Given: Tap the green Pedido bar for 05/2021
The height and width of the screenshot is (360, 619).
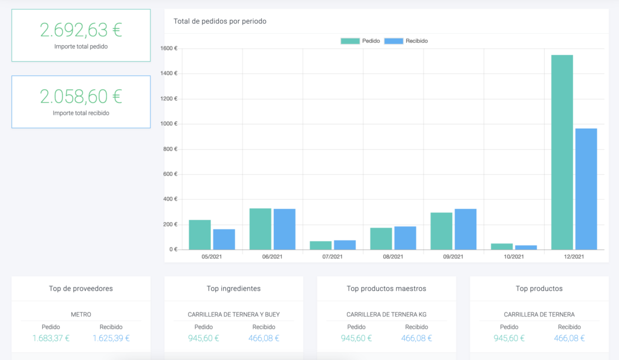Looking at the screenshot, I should (x=200, y=235).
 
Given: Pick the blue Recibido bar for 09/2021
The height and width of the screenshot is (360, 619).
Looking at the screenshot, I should (x=465, y=230).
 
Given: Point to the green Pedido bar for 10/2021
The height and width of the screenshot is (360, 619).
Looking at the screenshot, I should (x=502, y=246).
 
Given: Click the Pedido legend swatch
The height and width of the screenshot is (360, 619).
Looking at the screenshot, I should (x=350, y=41).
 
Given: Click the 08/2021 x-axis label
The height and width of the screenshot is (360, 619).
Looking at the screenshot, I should (x=393, y=257).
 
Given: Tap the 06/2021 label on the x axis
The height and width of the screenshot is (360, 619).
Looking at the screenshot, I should (x=272, y=257).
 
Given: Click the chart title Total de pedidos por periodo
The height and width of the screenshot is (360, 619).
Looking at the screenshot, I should (x=220, y=21).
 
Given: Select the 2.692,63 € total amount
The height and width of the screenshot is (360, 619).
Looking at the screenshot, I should (x=81, y=30).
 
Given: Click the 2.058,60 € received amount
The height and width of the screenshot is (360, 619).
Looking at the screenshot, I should (x=81, y=96).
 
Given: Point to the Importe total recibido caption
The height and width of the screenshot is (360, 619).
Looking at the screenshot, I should (x=81, y=113).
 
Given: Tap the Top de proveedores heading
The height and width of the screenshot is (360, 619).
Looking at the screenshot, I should (x=81, y=289).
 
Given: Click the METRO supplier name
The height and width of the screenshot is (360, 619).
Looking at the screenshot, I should (x=81, y=315).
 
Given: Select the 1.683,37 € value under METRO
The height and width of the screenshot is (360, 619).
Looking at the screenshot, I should (x=51, y=338).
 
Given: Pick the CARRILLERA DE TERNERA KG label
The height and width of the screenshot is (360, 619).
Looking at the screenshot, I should (x=387, y=315).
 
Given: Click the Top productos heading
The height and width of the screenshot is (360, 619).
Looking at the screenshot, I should (x=539, y=289).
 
